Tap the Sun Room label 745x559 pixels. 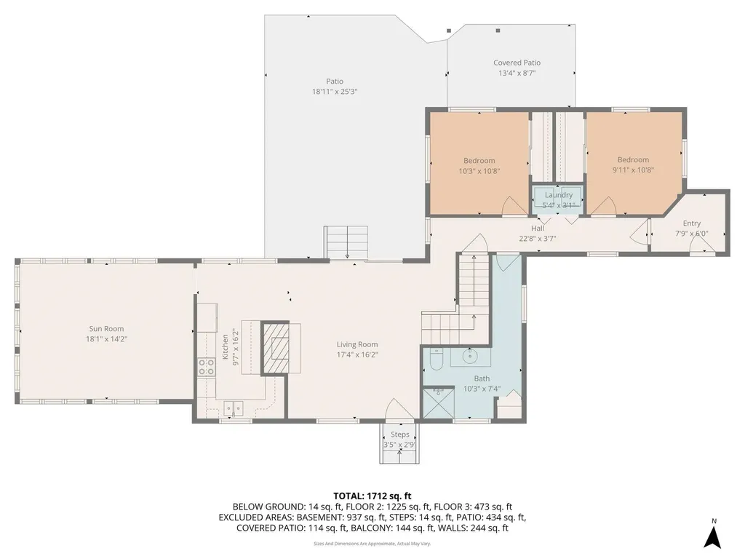[106, 329]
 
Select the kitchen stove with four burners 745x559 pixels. [206, 367]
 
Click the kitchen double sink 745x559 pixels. [234, 409]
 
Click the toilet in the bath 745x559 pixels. [436, 359]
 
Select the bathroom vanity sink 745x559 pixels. [469, 356]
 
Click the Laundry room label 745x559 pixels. [558, 195]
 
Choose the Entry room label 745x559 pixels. [691, 223]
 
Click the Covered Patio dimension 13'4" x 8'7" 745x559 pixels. [517, 74]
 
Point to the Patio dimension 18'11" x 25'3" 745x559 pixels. [335, 92]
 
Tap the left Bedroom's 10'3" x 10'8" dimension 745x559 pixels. [479, 171]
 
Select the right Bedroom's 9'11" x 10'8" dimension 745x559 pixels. [633, 171]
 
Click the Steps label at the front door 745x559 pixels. [399, 435]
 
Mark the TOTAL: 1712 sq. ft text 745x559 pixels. [372, 496]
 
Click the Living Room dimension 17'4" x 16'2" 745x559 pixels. [356, 355]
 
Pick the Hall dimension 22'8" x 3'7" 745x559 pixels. [537, 238]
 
